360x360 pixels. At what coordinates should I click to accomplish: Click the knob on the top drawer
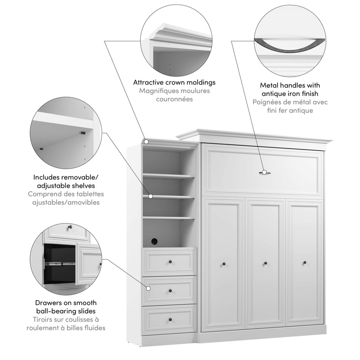point(171,261)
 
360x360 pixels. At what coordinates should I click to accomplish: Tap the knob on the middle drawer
point(171,291)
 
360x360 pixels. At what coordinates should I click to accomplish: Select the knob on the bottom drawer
point(171,320)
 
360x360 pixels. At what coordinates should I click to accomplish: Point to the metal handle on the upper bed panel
point(265,172)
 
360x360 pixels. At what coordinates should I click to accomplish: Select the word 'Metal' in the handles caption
point(271,85)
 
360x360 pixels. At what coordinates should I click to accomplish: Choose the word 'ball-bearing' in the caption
point(67,311)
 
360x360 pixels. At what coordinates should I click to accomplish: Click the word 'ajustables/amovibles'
point(66,202)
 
